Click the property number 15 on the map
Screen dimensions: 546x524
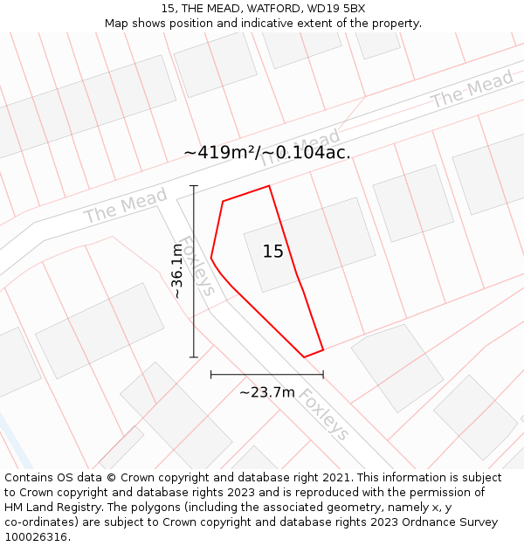click(x=273, y=252)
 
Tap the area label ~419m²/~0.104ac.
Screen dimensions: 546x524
click(x=267, y=152)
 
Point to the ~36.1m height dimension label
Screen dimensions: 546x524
click(x=177, y=272)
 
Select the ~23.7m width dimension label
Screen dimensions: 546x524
click(x=267, y=392)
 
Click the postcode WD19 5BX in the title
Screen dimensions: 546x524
click(x=337, y=9)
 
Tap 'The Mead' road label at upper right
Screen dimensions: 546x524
click(x=472, y=91)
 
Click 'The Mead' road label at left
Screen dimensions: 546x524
click(x=125, y=207)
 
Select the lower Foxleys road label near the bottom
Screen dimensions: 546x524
click(x=324, y=414)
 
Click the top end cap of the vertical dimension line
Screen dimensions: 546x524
click(x=194, y=186)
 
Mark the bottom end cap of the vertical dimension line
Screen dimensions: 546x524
click(x=194, y=357)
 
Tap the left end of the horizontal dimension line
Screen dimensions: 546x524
click(x=211, y=375)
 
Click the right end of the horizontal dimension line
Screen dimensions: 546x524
click(x=323, y=375)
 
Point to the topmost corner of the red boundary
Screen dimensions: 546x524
click(x=268, y=186)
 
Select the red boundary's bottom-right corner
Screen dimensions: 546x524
click(x=323, y=350)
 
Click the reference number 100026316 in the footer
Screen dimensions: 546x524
click(x=36, y=537)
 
